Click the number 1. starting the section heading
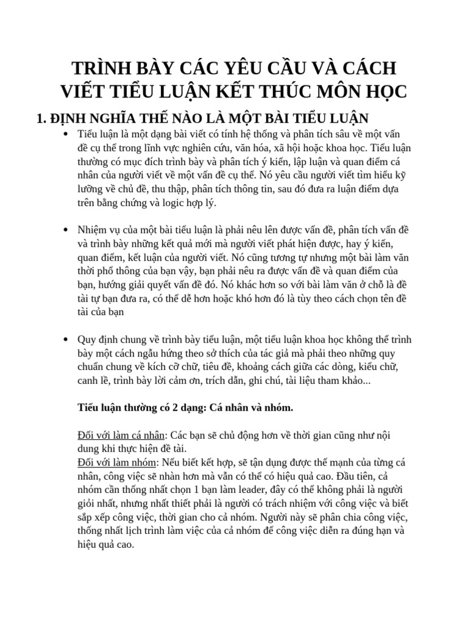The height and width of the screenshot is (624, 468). tap(44, 118)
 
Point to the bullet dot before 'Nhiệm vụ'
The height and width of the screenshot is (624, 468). tap(65, 230)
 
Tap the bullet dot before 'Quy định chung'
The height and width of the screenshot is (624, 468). tap(65, 339)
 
